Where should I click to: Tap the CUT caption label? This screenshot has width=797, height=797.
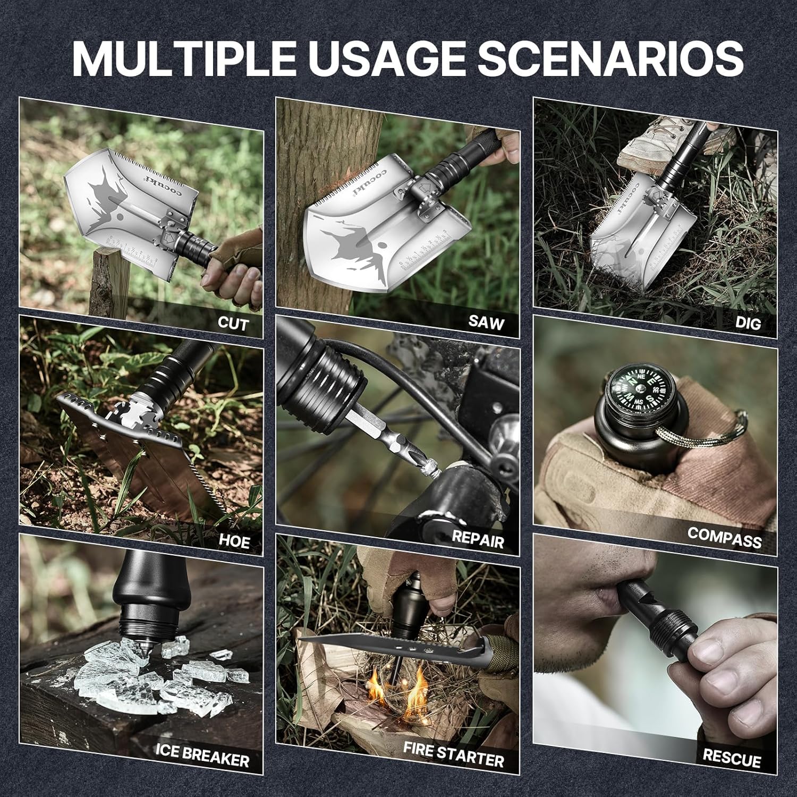232,324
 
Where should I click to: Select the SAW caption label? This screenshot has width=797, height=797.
486,321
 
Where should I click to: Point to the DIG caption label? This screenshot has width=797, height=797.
748,323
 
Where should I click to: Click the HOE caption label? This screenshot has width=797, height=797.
234,541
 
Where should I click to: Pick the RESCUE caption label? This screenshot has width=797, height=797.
731,757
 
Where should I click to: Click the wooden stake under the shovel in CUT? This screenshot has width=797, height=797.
109,282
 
